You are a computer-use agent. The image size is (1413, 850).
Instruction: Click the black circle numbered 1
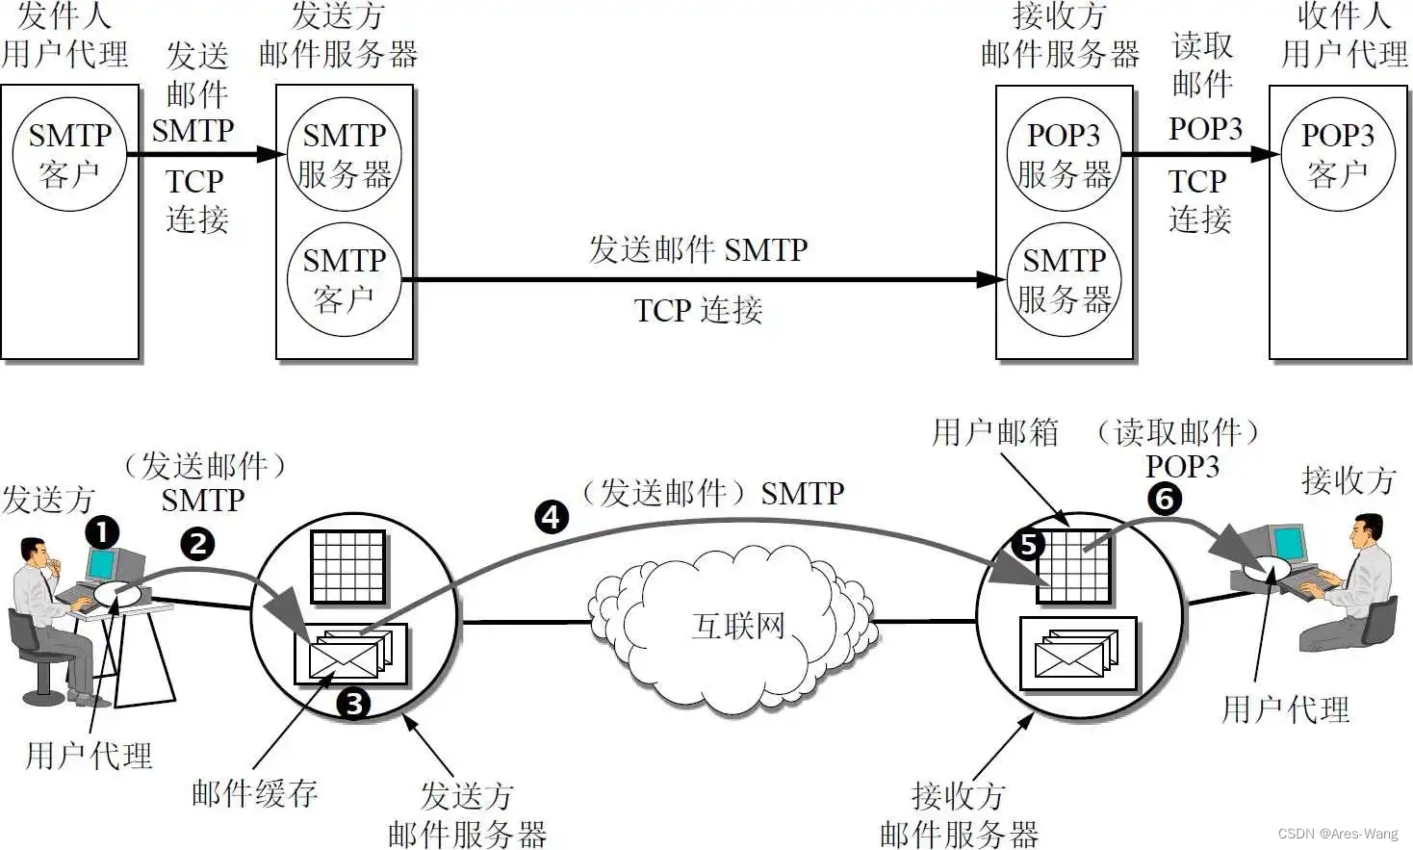(x=102, y=532)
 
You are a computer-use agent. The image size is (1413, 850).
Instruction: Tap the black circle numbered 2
(x=197, y=544)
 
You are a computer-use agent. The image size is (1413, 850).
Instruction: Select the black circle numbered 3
(x=353, y=704)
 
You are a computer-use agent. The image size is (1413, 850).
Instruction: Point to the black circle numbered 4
(x=552, y=517)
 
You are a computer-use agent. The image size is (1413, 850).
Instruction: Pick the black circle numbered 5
(x=1028, y=545)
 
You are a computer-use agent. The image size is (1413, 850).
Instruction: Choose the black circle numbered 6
(x=1165, y=499)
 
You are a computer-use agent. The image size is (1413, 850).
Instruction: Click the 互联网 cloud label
(x=738, y=626)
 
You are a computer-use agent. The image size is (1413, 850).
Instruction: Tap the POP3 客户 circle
(x=1337, y=154)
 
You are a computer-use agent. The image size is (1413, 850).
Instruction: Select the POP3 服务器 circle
(x=1064, y=154)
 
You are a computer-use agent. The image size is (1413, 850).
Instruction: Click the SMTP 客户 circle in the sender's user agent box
(x=69, y=154)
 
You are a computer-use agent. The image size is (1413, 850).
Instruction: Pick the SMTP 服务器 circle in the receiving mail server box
(x=1064, y=279)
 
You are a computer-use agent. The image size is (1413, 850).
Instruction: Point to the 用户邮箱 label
(x=995, y=432)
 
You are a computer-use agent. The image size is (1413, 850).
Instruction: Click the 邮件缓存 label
(x=254, y=793)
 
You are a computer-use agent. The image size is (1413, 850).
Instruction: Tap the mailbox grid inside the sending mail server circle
(x=347, y=566)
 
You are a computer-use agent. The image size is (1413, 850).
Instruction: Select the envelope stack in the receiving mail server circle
(x=1077, y=655)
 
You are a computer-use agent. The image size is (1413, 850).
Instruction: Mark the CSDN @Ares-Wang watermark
(x=1338, y=834)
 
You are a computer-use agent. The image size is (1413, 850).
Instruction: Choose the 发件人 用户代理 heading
(x=64, y=35)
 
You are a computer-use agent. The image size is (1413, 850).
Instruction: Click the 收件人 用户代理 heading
(x=1344, y=35)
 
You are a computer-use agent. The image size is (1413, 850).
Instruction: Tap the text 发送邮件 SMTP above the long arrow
(x=698, y=249)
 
